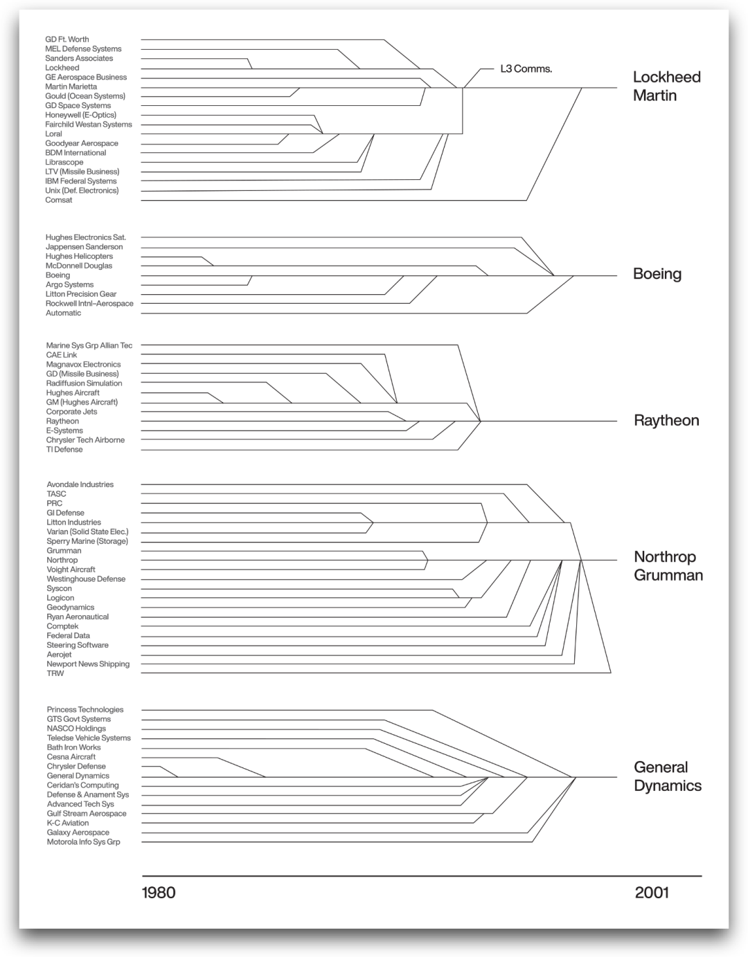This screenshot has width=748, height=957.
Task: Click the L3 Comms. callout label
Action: [526, 69]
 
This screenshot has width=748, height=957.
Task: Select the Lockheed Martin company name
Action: [666, 86]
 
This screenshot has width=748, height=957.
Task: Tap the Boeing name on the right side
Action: [657, 274]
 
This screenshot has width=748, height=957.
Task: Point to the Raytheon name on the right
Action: [666, 421]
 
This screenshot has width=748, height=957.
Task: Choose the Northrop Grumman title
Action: [668, 566]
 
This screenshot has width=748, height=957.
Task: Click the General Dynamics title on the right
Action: [667, 776]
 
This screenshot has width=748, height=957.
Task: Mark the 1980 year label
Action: [159, 893]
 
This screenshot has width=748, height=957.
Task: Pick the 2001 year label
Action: [652, 893]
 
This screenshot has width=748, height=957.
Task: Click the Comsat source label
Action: [59, 200]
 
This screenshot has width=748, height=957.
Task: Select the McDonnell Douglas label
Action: [79, 266]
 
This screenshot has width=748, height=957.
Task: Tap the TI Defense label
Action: [64, 450]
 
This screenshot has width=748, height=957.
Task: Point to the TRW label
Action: [55, 673]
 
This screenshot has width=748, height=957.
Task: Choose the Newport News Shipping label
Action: [88, 664]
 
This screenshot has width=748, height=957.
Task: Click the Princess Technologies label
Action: [85, 710]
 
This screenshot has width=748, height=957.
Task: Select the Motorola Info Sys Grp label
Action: [83, 842]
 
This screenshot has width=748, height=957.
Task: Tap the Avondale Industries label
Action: [80, 484]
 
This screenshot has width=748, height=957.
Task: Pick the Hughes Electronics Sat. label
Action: [86, 237]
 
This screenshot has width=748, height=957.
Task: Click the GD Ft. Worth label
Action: [67, 39]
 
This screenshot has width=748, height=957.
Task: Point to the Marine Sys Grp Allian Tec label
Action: [89, 345]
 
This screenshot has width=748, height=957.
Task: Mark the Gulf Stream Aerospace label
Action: [87, 814]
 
